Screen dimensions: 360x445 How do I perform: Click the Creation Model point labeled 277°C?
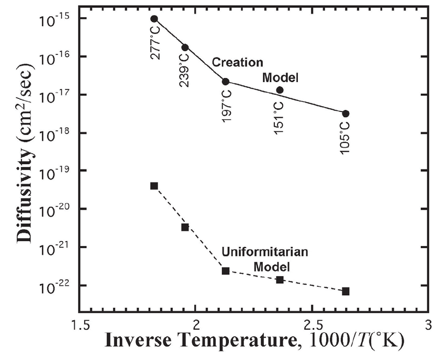pos(154,19)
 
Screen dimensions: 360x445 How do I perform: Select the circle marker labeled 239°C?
pos(185,48)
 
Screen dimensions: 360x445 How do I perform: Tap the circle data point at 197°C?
pos(226,82)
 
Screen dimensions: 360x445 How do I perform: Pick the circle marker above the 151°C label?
pos(280,90)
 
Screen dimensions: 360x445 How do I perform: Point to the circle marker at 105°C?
pos(346,114)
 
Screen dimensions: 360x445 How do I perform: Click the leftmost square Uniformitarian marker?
pos(154,186)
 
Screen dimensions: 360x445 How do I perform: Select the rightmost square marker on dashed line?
pos(346,291)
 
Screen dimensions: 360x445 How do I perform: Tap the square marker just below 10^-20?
pos(185,227)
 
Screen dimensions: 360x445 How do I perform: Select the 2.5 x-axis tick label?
pos(313,324)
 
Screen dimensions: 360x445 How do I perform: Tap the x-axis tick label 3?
pos(428,324)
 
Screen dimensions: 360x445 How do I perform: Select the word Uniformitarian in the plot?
pos(264,252)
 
